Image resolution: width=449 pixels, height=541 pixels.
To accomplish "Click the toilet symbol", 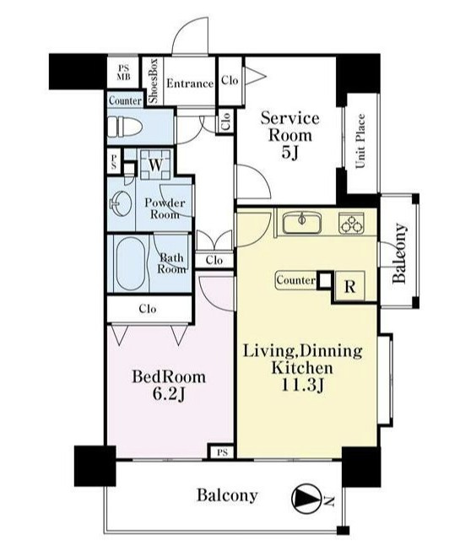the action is pyautogui.click(x=125, y=127).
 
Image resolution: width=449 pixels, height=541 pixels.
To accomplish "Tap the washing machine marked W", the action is pyautogui.click(x=155, y=164).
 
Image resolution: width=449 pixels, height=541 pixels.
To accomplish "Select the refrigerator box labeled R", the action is pyautogui.click(x=349, y=285).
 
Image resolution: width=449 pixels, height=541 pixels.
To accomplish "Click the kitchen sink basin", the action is pyautogui.click(x=302, y=223).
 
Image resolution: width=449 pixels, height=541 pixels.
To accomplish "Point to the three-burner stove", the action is pyautogui.click(x=351, y=223).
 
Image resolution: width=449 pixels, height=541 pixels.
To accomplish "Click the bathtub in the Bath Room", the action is pyautogui.click(x=131, y=263).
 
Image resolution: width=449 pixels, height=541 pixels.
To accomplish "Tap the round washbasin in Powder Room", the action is pyautogui.click(x=121, y=203).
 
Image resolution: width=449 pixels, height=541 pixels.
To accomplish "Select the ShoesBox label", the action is pyautogui.click(x=153, y=81).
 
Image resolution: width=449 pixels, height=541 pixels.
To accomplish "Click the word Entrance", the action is pyautogui.click(x=190, y=84).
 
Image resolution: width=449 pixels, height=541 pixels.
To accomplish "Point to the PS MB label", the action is pyautogui.click(x=123, y=73).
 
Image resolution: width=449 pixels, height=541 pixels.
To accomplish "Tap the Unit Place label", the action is pyautogui.click(x=360, y=141).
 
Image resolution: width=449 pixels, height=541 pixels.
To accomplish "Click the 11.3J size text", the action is pyautogui.click(x=302, y=386).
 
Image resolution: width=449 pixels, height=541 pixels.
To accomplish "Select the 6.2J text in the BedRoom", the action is pyautogui.click(x=169, y=394).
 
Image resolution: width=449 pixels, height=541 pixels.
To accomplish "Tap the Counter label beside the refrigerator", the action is pyautogui.click(x=295, y=280).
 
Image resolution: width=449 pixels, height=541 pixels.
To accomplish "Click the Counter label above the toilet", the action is pyautogui.click(x=125, y=100).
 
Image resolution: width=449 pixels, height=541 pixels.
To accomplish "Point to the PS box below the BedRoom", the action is pyautogui.click(x=223, y=452).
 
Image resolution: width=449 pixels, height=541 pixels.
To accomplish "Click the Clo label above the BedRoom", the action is pyautogui.click(x=148, y=308).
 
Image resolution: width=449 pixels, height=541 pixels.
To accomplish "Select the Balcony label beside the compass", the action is pyautogui.click(x=227, y=495).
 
